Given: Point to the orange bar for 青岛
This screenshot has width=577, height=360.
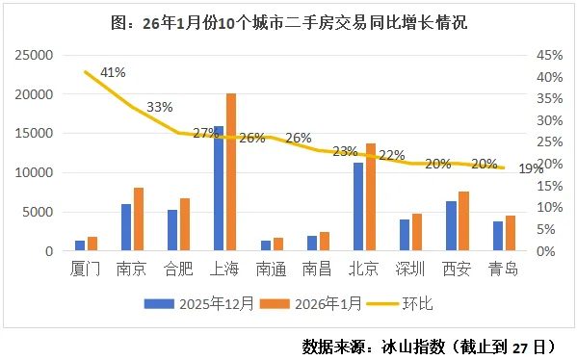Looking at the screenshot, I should pos(510,234).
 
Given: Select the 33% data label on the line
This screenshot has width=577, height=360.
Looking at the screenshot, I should pos(159,107).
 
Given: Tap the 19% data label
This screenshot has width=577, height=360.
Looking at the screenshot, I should pos(531,169).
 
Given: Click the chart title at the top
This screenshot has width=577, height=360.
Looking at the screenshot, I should pos(288,20).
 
